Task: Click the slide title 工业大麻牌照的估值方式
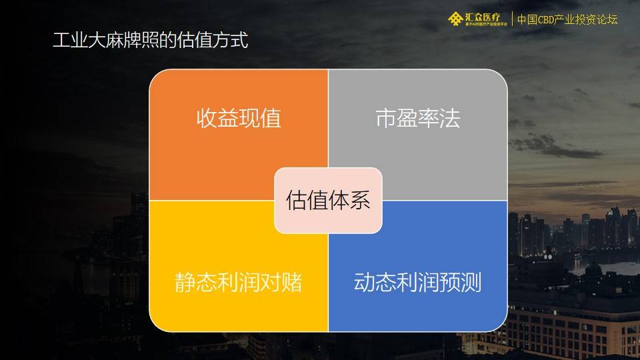tap(151, 41)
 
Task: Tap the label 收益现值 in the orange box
tap(238, 119)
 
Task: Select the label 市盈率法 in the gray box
tap(418, 119)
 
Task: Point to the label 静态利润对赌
tap(238, 282)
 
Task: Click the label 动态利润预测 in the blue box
tap(417, 282)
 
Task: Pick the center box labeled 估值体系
tap(328, 200)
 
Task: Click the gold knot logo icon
tap(455, 19)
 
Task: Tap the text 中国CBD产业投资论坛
tap(567, 19)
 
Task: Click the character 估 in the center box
tap(297, 200)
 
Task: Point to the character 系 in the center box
tap(359, 200)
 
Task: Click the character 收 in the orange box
tap(207, 119)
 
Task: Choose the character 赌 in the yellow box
tap(291, 282)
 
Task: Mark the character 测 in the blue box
tap(471, 282)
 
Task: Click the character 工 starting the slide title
tap(61, 41)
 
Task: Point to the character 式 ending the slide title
tap(239, 41)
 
